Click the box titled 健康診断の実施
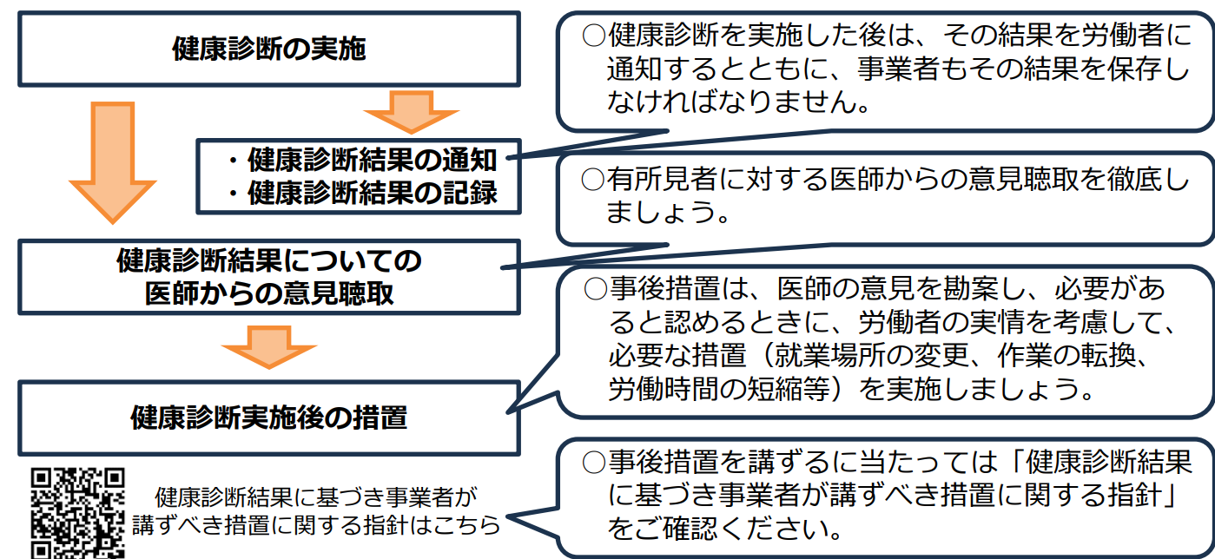point(269,49)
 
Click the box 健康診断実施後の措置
point(269,418)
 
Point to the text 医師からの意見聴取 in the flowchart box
point(269,293)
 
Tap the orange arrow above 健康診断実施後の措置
point(269,345)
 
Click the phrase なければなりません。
point(737,102)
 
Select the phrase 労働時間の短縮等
point(715,390)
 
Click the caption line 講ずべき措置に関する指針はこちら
point(316,525)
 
